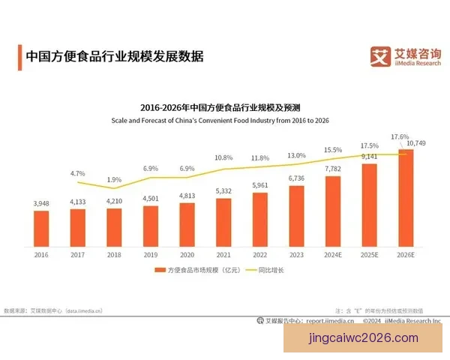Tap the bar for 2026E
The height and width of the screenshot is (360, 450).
click(x=404, y=199)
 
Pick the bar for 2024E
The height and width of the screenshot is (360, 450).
click(x=332, y=212)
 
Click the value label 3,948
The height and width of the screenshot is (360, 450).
click(x=42, y=203)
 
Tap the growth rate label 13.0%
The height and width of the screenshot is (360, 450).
click(x=296, y=155)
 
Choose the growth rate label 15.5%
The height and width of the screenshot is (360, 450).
click(x=332, y=150)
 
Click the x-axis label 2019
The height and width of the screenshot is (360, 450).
click(x=151, y=256)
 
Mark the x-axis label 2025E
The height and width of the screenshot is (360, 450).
click(x=368, y=256)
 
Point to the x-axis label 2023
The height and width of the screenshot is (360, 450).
click(x=296, y=256)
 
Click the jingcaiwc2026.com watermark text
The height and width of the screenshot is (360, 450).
click(x=364, y=339)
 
